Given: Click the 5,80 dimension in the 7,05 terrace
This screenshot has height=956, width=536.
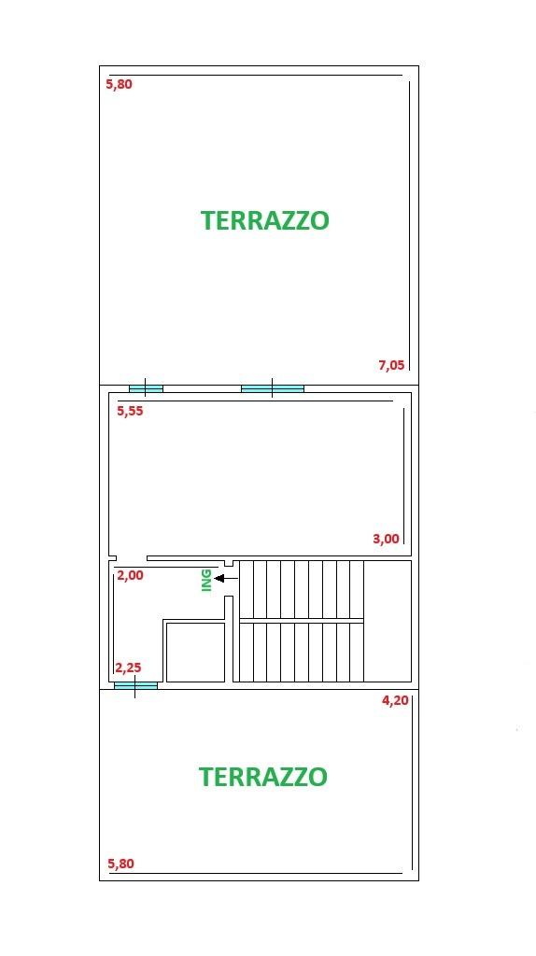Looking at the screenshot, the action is pyautogui.click(x=119, y=85).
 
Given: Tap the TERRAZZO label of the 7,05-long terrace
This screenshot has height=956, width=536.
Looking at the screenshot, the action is pyautogui.click(x=265, y=220).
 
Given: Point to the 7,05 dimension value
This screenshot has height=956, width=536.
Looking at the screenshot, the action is pyautogui.click(x=391, y=365).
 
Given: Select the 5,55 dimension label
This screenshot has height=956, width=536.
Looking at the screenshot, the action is pyautogui.click(x=130, y=411).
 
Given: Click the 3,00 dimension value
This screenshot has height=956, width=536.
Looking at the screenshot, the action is pyautogui.click(x=386, y=539).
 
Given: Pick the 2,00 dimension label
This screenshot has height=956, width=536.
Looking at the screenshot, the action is pyautogui.click(x=130, y=575).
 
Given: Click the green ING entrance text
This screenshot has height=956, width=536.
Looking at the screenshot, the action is pyautogui.click(x=206, y=581).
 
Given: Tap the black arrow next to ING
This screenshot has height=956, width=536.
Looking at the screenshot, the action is pyautogui.click(x=226, y=578).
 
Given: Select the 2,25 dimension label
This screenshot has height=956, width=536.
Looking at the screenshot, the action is pyautogui.click(x=128, y=668).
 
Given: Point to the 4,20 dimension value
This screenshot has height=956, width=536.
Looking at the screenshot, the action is pyautogui.click(x=395, y=700).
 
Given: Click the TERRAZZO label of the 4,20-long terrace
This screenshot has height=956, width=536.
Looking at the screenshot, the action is pyautogui.click(x=263, y=777).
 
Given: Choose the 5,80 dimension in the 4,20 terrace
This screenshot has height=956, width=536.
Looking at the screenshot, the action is pyautogui.click(x=120, y=864).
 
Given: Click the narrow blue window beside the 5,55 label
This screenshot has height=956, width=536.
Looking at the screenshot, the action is pyautogui.click(x=146, y=388).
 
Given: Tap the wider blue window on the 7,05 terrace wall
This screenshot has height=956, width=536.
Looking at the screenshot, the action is pyautogui.click(x=273, y=388).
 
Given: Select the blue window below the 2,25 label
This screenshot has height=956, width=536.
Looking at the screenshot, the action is pyautogui.click(x=135, y=685).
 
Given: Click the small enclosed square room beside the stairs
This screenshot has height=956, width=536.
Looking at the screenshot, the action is pyautogui.click(x=195, y=652).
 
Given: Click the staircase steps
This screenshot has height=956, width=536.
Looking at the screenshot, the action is pyautogui.click(x=302, y=621).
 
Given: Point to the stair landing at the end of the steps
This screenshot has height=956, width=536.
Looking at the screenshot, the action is pyautogui.click(x=388, y=621).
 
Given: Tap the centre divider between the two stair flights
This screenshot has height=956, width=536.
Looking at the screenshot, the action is pyautogui.click(x=302, y=621).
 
